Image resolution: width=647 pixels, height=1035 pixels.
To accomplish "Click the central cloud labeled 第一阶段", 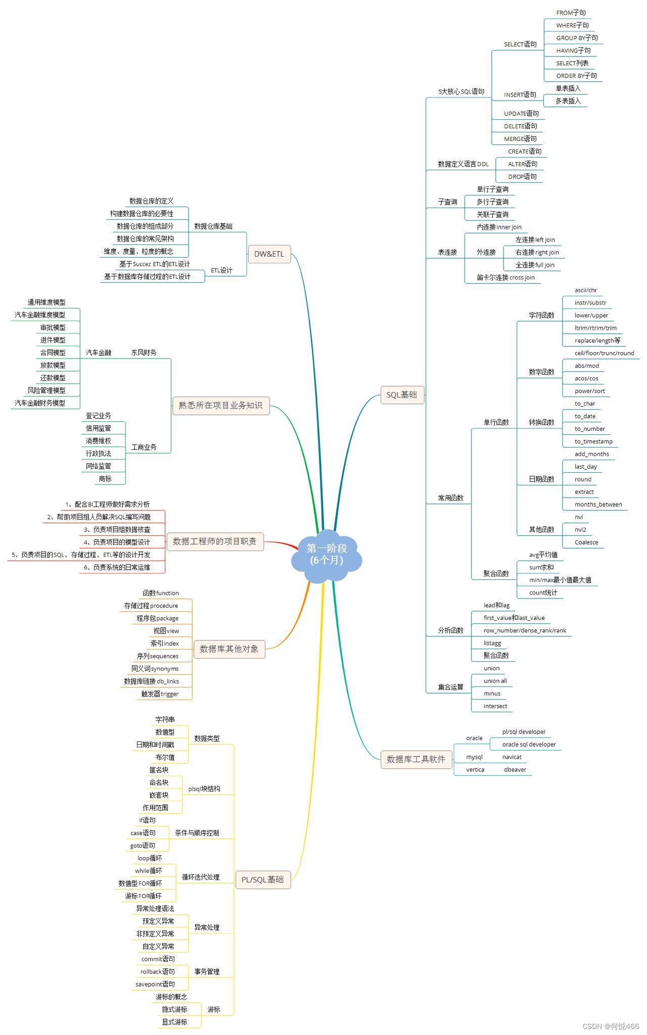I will tap(327, 555).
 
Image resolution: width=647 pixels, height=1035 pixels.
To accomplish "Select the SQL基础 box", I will tap(402, 395).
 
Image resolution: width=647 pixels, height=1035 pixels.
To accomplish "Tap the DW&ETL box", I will tap(269, 254).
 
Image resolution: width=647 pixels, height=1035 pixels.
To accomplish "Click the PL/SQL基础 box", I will tap(263, 879).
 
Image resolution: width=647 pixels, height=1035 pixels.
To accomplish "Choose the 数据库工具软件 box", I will tap(416, 759).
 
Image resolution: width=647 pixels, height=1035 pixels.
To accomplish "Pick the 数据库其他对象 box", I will tap(229, 649).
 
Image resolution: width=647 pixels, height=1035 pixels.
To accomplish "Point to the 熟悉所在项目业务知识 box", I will tap(221, 406).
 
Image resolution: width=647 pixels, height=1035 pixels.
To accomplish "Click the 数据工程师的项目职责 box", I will tap(215, 541).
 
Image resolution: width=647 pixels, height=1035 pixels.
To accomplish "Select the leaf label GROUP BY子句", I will tap(577, 38).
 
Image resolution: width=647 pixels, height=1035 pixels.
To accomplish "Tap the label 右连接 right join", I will tap(537, 253).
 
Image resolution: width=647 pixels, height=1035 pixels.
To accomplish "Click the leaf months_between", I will tap(598, 505).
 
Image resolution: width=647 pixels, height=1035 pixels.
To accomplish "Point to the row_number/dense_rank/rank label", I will tap(525, 630).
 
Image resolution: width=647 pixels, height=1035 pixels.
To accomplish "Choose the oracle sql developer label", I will tap(529, 745).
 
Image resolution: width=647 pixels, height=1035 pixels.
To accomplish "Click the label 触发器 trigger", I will tap(160, 694).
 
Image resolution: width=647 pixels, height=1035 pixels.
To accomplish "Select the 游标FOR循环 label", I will tap(144, 896).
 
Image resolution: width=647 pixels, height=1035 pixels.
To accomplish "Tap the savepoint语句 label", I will tap(155, 984).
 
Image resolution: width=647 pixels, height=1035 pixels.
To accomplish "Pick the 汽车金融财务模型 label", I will tap(40, 403).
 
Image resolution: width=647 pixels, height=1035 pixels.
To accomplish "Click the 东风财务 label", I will tap(144, 353).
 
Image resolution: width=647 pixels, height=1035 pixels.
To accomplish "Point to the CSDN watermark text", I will tap(611, 1026).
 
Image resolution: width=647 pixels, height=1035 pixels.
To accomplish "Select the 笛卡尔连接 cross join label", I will tap(505, 278).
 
